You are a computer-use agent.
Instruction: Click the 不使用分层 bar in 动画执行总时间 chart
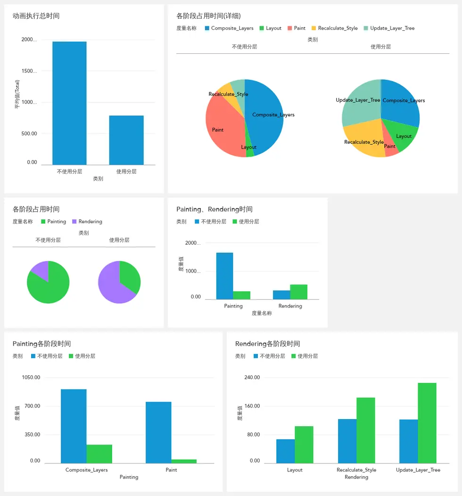pos(69,103)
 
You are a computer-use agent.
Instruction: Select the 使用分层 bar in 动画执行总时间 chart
pos(126,140)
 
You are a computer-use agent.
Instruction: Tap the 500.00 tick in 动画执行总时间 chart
pos(29,133)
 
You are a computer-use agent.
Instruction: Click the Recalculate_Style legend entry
pos(335,28)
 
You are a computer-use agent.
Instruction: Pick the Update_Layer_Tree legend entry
pos(389,28)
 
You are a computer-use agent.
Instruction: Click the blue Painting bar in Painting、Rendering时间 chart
pos(224,276)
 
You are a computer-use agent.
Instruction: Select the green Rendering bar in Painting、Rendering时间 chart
pos(298,292)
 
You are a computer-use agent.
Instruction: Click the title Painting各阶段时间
pos(42,344)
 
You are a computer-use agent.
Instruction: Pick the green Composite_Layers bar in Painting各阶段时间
pos(99,454)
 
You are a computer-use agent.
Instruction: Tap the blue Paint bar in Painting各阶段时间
pos(158,432)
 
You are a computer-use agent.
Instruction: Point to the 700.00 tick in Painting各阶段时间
pos(33,406)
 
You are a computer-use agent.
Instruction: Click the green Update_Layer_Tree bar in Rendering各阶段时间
pos(427,423)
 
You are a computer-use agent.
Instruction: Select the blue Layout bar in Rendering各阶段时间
pos(286,451)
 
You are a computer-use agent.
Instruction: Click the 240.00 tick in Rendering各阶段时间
pos(252,377)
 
